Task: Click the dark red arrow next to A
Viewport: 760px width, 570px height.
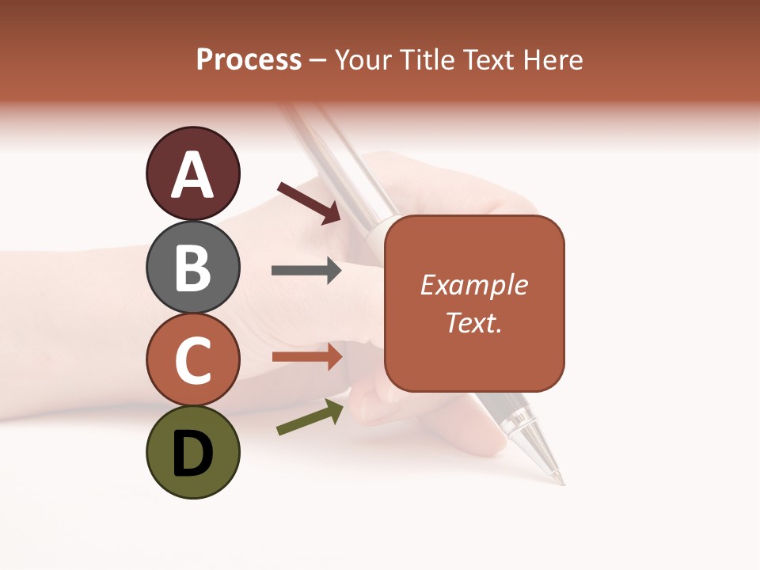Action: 309,202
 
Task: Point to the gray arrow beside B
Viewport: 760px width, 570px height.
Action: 306,271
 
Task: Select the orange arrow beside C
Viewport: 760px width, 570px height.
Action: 307,356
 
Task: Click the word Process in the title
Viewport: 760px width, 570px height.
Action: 249,59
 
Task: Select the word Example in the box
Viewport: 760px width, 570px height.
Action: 474,285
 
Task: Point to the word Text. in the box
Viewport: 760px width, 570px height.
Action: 474,322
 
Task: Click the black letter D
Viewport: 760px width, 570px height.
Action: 192,454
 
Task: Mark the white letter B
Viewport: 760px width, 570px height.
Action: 192,268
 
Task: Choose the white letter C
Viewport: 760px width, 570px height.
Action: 192,360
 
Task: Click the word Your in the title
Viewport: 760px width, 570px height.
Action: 363,59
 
